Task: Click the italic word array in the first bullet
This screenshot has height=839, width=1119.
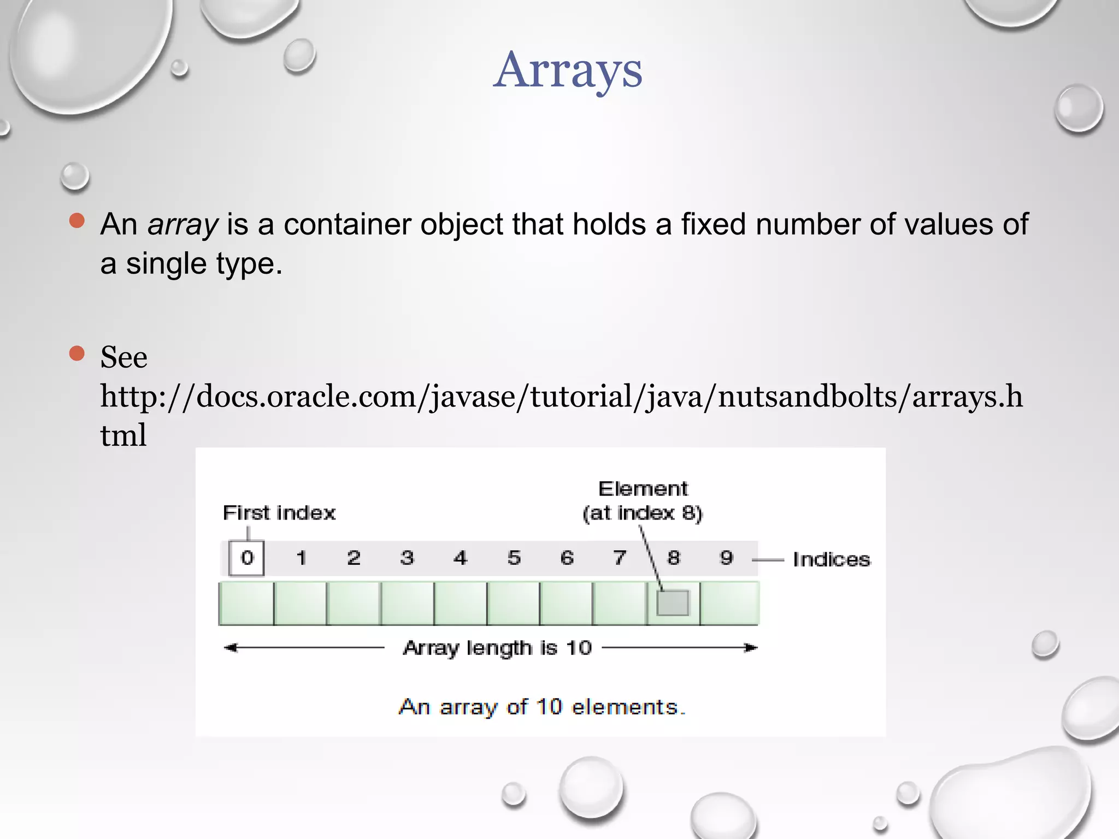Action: point(182,224)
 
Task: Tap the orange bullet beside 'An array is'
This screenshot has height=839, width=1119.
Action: point(77,221)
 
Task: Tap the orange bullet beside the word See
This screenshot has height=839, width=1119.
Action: point(77,353)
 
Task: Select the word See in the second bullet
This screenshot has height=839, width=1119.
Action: point(123,358)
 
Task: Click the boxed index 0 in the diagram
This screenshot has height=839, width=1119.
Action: point(246,558)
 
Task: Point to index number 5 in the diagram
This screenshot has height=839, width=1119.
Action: point(514,558)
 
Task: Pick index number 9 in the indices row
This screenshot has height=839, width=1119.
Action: point(726,558)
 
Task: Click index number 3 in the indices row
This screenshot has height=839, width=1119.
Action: point(407,558)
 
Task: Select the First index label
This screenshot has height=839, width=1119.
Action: point(279,513)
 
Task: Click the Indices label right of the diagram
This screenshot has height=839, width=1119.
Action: point(831,559)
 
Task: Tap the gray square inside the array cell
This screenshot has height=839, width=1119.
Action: point(673,603)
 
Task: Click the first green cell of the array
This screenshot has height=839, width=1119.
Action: point(246,603)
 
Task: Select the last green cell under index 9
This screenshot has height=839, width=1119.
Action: point(729,603)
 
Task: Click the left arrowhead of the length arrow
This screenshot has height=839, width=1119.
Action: point(231,648)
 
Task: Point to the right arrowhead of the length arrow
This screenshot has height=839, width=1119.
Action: point(752,648)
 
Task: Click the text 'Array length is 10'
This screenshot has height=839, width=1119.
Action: point(497,648)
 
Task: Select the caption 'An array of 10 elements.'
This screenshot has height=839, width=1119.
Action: point(542,707)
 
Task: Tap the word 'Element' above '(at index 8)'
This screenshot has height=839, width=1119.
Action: point(643,488)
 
